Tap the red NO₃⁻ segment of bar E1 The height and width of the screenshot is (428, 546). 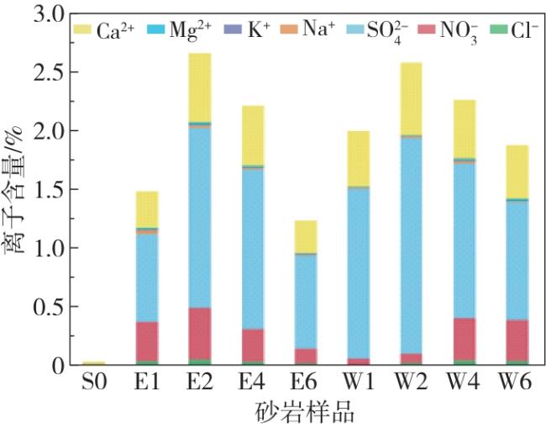tap(147, 341)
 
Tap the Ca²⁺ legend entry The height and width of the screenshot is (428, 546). tap(101, 31)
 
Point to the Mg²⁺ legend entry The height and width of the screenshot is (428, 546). tap(176, 31)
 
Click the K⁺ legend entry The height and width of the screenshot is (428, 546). tap(247, 31)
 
